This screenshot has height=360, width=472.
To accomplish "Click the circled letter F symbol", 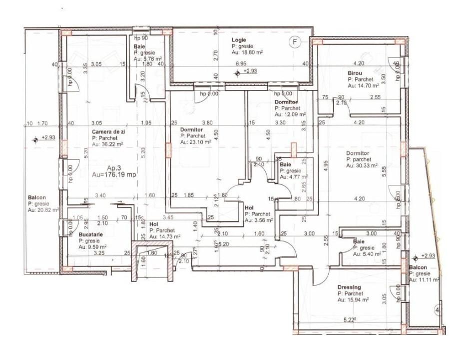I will [295, 42].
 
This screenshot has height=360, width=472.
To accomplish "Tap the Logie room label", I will [238, 39].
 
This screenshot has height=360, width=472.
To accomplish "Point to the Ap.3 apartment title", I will [115, 168].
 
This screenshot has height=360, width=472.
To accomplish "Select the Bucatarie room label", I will [91, 234].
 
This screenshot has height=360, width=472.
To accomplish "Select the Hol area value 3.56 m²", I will [259, 219].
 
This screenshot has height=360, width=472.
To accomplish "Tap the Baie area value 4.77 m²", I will [292, 176].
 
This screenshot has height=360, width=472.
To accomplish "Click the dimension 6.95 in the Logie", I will [241, 63].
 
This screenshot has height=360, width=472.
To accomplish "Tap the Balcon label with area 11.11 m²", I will [419, 267].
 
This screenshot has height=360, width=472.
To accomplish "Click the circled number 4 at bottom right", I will [438, 308].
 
